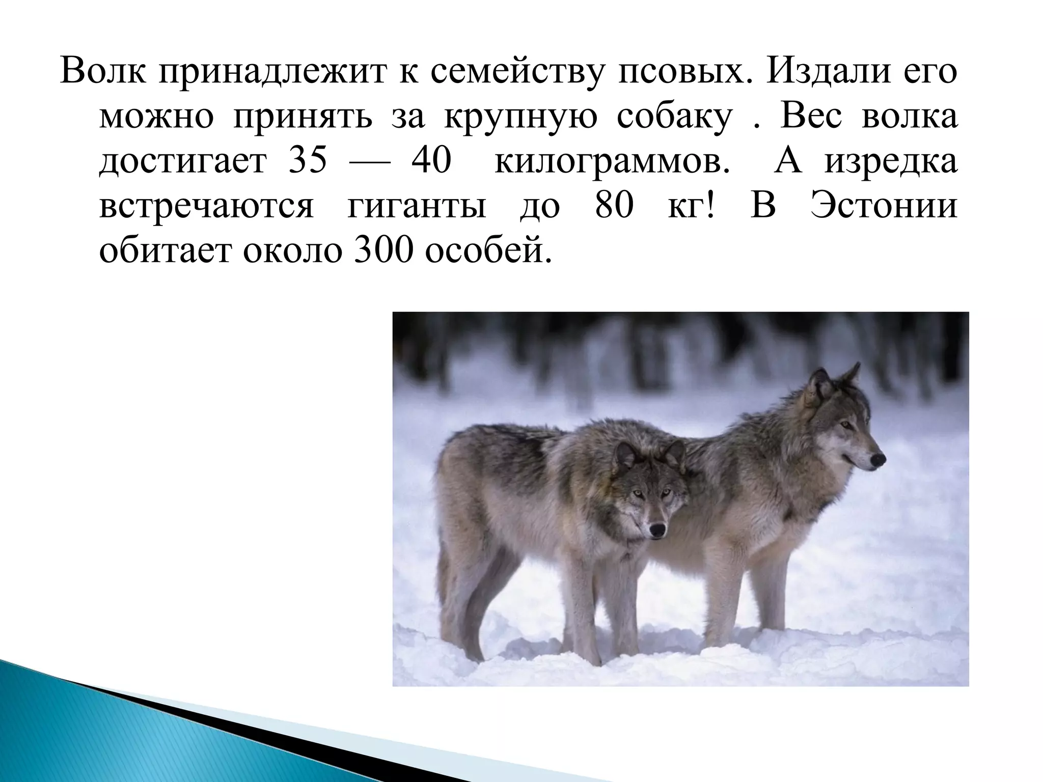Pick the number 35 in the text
[308, 161]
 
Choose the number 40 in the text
[431, 161]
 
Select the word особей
[488, 250]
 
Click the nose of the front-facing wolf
[658, 529]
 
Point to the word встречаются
[206, 206]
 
